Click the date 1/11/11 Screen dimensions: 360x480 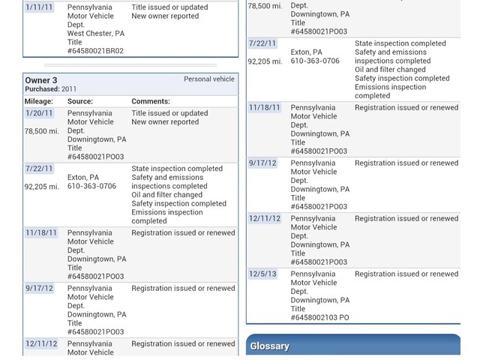(39, 7)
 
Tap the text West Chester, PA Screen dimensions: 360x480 (96, 34)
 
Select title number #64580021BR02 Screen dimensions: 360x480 (95, 51)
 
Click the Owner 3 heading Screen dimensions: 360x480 (41, 80)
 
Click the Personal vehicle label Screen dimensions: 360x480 (208, 79)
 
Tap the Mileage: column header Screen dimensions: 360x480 (39, 101)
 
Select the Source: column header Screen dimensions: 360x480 (80, 101)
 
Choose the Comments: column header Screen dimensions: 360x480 (151, 101)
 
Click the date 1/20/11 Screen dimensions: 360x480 (39, 113)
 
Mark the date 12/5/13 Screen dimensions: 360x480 (262, 274)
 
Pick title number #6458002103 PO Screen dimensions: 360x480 (319, 317)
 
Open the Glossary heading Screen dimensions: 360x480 (270, 346)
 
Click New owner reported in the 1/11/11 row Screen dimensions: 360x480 (165, 16)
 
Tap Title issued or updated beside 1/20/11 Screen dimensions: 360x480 (169, 113)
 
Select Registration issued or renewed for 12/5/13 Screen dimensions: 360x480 (406, 274)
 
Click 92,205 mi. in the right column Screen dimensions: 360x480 (265, 61)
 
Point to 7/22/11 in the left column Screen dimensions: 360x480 (39, 169)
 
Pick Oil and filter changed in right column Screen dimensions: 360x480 (390, 70)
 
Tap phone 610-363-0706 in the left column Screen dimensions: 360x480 (91, 186)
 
